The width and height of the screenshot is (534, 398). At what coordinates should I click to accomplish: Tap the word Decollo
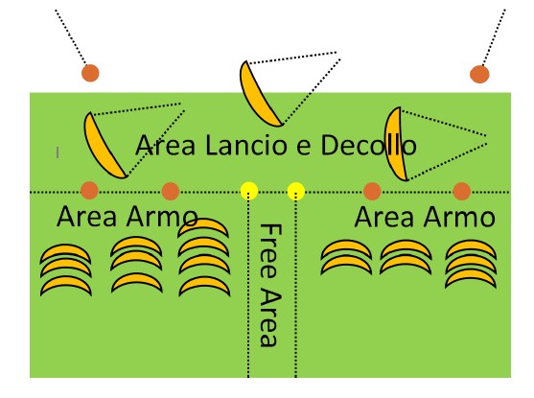(368, 145)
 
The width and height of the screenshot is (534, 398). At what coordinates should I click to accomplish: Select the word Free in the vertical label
(270, 250)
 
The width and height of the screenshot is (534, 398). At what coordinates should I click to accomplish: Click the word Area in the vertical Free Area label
(270, 318)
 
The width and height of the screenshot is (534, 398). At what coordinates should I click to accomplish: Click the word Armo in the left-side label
(162, 217)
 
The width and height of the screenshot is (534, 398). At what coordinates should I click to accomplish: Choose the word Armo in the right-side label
(460, 217)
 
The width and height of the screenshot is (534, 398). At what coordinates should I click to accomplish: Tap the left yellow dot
(249, 191)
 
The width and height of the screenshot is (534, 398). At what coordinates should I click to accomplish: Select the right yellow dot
(296, 191)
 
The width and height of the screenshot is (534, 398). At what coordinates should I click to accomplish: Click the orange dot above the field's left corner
(90, 73)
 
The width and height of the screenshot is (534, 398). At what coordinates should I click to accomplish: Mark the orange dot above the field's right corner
(479, 74)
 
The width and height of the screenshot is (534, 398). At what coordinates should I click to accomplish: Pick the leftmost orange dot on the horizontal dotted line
(89, 190)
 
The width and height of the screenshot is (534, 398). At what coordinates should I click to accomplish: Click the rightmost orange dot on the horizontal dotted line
(462, 191)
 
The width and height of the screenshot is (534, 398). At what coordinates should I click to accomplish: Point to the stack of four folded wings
(203, 257)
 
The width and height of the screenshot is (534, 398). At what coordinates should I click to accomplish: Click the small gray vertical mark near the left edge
(58, 152)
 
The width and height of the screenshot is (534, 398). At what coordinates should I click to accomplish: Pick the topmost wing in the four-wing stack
(203, 225)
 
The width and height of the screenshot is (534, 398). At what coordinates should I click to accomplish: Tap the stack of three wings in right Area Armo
(471, 264)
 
